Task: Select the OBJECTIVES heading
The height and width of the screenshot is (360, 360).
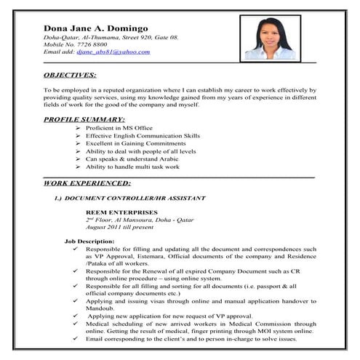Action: coord(71,75)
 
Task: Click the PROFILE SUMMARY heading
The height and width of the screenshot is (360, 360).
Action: coord(84,118)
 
